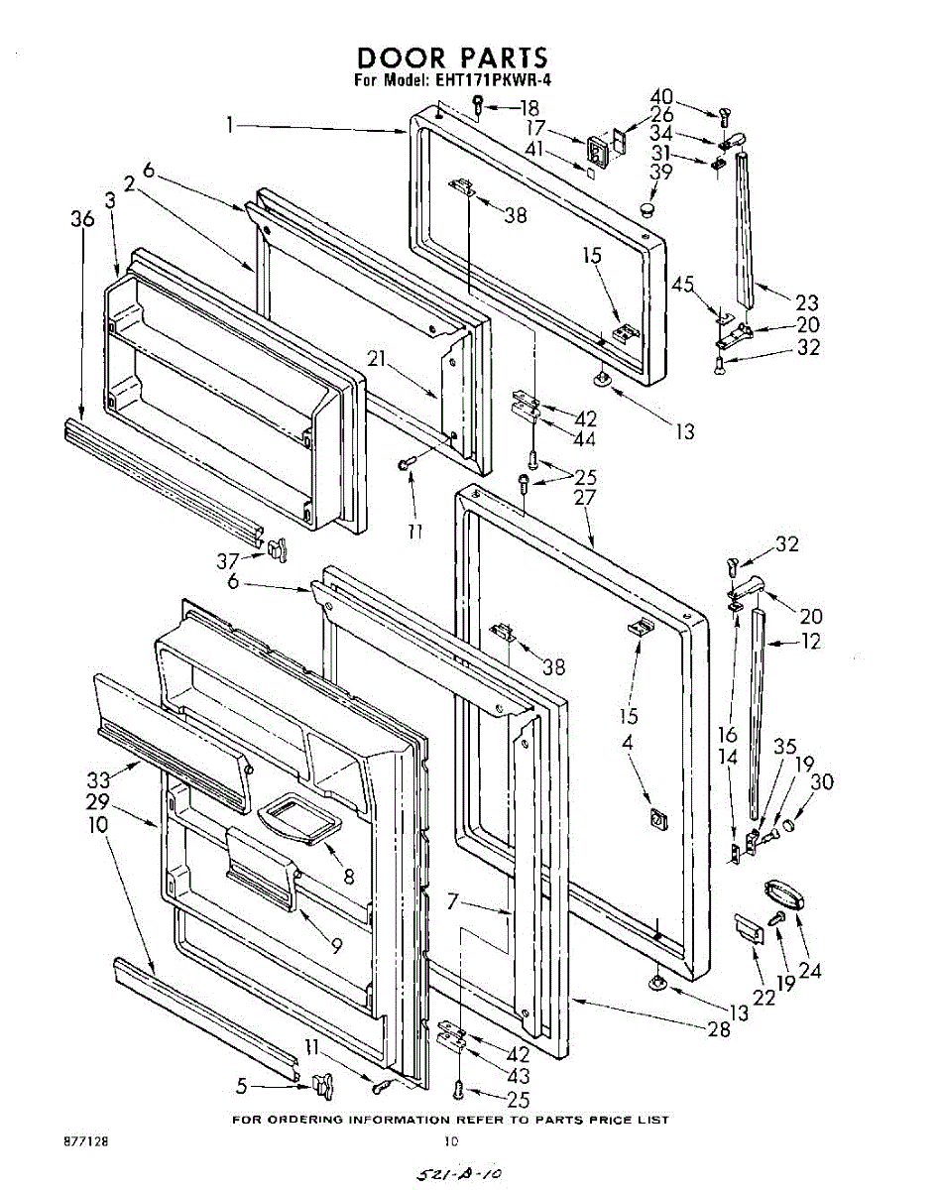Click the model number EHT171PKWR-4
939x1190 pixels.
(x=486, y=81)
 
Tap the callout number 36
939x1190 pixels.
(x=83, y=219)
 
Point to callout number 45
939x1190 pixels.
(x=683, y=285)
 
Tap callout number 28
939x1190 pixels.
(x=719, y=1030)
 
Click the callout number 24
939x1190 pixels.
(x=810, y=972)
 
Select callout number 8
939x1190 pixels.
(x=348, y=877)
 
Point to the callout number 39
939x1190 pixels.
(x=661, y=172)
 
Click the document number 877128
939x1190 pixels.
(x=86, y=1141)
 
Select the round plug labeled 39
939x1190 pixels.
(x=649, y=209)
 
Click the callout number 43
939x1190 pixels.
(x=518, y=1076)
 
